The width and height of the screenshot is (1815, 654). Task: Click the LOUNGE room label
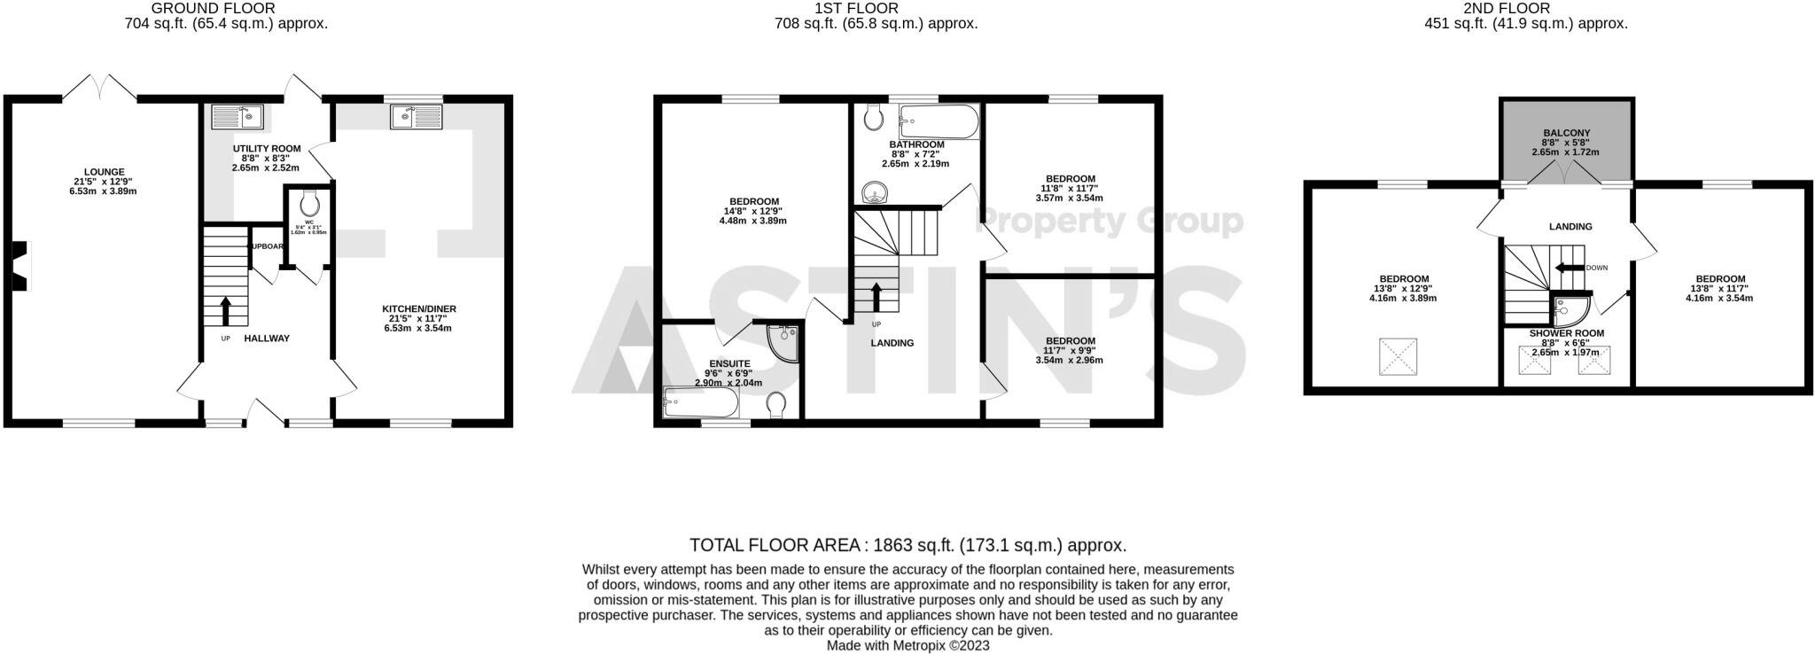point(104,172)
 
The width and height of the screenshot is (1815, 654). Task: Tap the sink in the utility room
point(237,116)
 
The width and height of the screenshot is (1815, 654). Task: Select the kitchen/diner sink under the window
point(416,116)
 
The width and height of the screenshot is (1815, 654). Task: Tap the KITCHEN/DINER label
point(418,309)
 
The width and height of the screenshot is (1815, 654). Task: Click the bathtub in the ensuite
point(700,403)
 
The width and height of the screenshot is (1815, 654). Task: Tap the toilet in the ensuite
point(777,404)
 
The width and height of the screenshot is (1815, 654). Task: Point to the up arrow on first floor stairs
point(876,294)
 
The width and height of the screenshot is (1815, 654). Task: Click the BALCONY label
point(1566,133)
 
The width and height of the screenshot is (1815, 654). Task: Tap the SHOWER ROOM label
point(1566,333)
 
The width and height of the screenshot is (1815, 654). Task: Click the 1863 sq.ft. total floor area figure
point(915,545)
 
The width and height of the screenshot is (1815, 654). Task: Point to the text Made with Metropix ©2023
point(907,646)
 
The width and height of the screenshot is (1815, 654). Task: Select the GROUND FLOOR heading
point(213,8)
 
